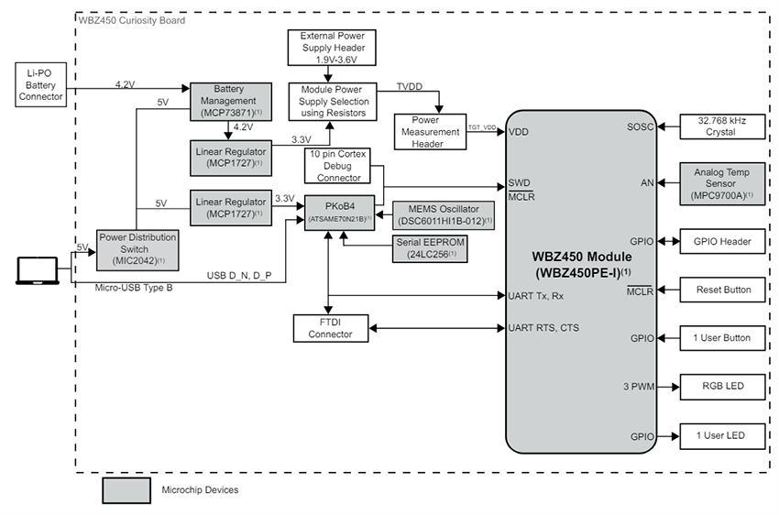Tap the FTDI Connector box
coord(330,328)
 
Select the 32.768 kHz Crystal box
coord(719,126)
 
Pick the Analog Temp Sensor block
coord(719,182)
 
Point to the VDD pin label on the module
coord(518,132)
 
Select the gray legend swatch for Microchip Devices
coord(126,490)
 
